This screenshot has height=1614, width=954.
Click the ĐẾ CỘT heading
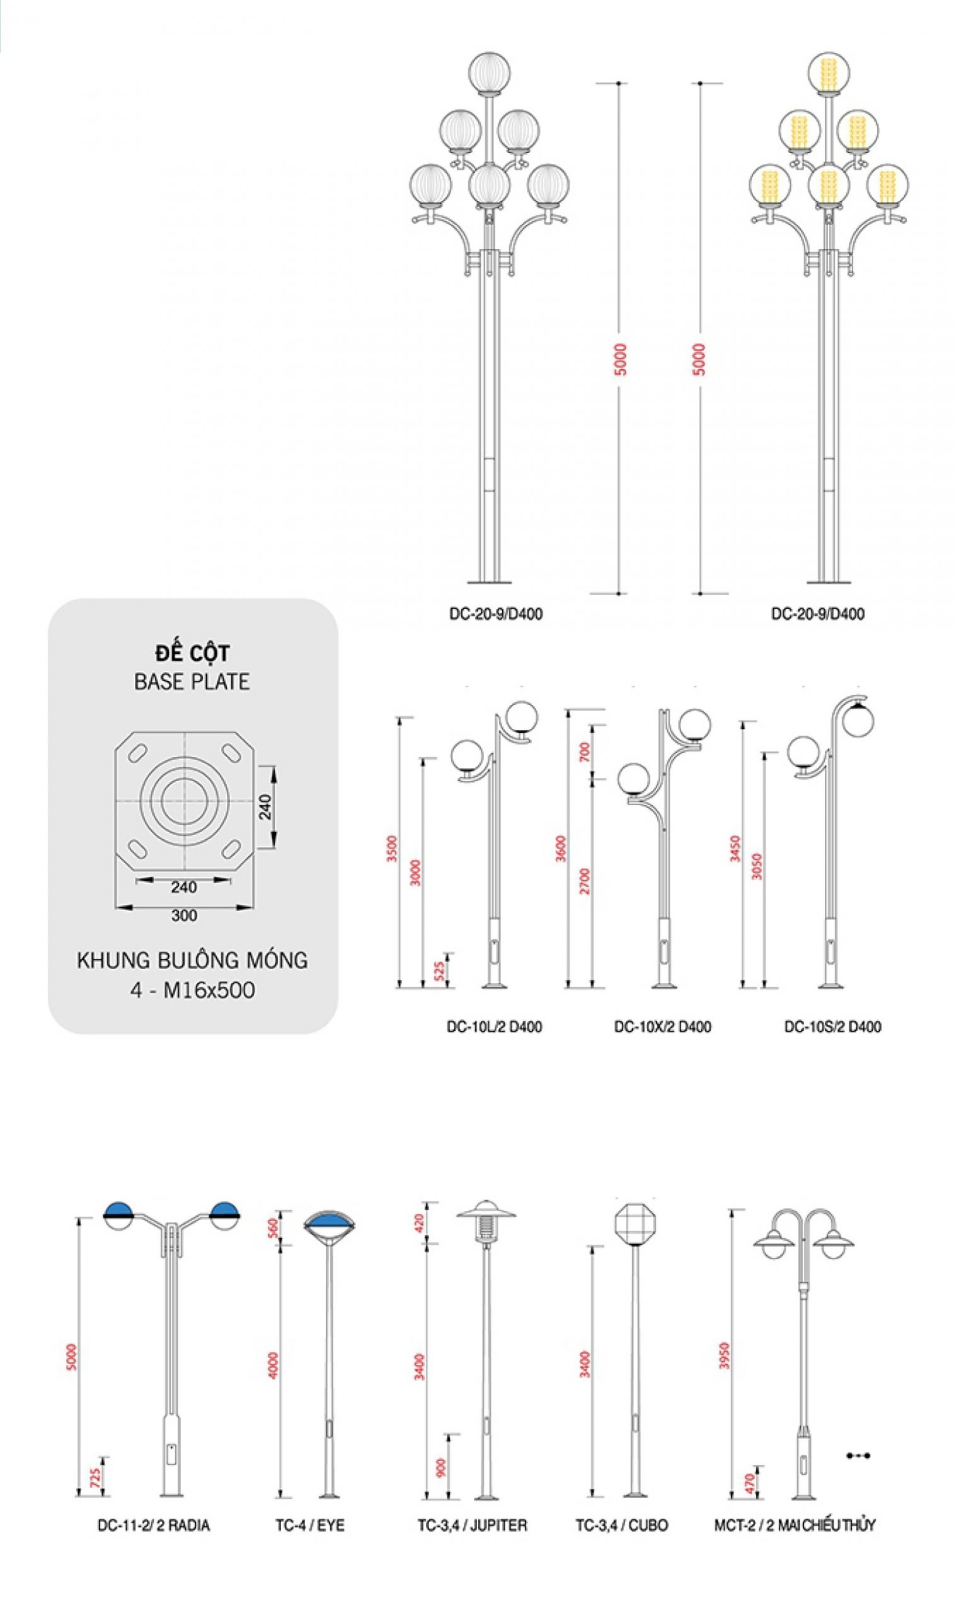tap(192, 653)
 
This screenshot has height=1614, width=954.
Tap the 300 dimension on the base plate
tap(184, 915)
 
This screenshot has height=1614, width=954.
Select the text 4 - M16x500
tap(192, 990)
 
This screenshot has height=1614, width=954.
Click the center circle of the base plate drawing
tap(185, 801)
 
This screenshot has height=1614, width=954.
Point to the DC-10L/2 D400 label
tap(494, 1026)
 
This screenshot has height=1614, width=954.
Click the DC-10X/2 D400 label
tap(662, 1026)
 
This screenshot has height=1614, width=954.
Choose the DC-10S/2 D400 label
tap(832, 1026)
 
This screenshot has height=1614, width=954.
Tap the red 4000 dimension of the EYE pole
tap(273, 1365)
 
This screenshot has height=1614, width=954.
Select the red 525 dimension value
tap(439, 970)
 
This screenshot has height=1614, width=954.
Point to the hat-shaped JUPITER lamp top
tap(486, 1209)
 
